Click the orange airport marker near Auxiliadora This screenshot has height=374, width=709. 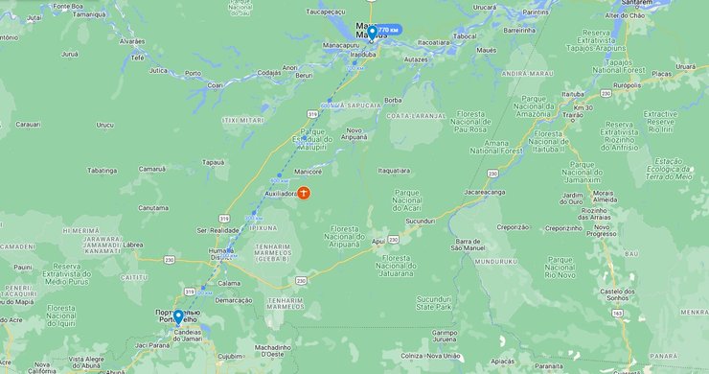coord(304,193)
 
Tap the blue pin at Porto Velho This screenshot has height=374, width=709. coord(178,316)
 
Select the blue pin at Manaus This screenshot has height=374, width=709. coord(372,33)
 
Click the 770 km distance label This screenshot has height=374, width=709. coord(387,31)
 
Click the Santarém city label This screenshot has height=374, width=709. coord(637,3)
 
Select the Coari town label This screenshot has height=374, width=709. coord(215,84)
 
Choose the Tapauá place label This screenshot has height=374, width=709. coord(215,162)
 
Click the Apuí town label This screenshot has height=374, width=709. coord(377,242)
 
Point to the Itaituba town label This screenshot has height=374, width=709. coord(573,94)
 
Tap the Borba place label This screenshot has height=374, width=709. coord(393,100)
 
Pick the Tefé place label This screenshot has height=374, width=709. coord(137,58)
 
